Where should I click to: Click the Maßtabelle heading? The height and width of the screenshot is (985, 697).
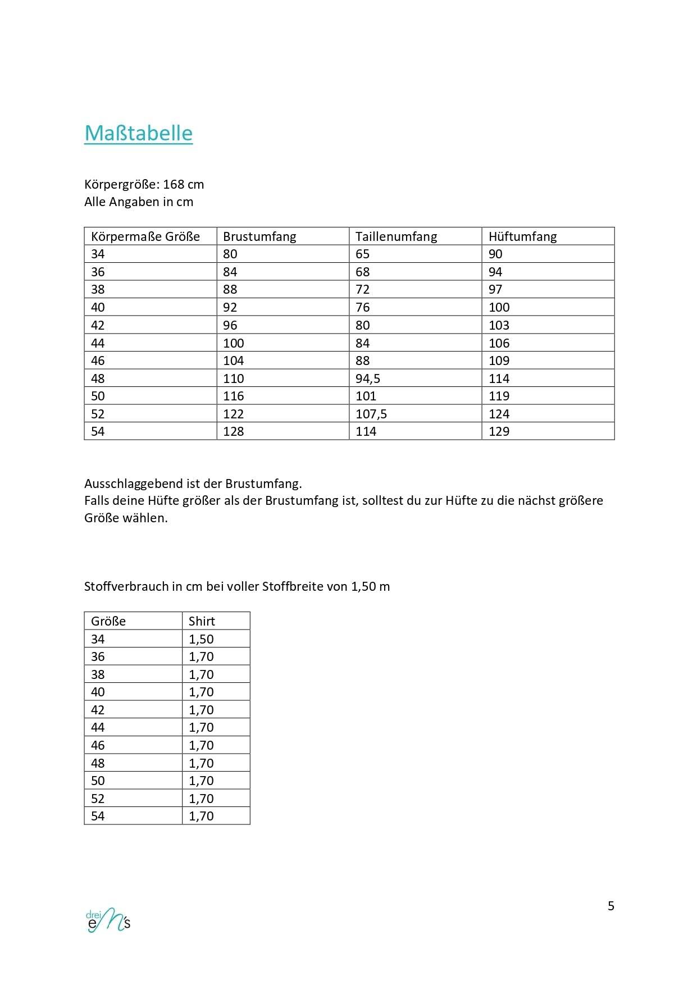138,133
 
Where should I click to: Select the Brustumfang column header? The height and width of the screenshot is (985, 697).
259,236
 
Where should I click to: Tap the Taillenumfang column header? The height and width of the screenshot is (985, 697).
396,236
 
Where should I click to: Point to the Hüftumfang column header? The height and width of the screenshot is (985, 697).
522,236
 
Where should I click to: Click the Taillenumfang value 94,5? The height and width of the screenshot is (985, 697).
367,379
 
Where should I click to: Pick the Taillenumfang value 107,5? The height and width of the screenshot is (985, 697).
371,414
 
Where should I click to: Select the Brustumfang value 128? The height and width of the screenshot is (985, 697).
233,431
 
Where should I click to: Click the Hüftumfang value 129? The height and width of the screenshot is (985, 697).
499,431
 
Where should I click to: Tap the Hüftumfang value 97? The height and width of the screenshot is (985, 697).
495,289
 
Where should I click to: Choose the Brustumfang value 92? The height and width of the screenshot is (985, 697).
230,307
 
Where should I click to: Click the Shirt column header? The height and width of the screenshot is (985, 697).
202,621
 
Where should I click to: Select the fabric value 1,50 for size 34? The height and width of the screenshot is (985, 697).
201,639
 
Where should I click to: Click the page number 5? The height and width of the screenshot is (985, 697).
611,906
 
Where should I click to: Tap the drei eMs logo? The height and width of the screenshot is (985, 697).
108,920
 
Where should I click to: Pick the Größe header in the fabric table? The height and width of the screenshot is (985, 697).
108,621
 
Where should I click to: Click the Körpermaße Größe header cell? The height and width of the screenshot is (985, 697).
145,236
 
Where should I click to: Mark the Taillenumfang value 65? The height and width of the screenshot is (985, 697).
362,254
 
